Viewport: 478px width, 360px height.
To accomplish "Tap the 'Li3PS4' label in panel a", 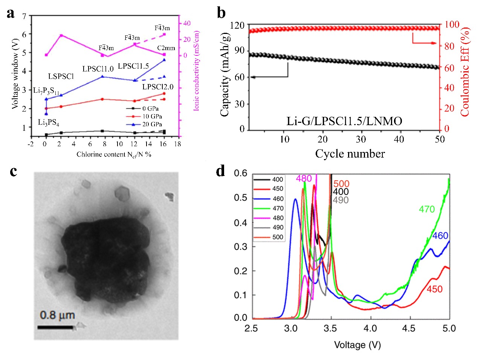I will pyautogui.click(x=48, y=123).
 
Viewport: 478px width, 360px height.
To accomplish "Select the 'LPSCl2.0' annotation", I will pyautogui.click(x=158, y=87).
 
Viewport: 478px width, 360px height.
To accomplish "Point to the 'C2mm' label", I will pyautogui.click(x=166, y=48).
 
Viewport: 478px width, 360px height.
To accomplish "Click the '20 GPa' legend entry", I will pyautogui.click(x=152, y=124).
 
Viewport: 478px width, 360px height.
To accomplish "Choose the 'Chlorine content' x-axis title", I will pyautogui.click(x=114, y=155).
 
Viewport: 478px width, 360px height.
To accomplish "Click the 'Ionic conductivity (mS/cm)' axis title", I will pyautogui.click(x=196, y=71).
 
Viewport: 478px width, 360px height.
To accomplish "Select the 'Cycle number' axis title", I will pyautogui.click(x=350, y=154).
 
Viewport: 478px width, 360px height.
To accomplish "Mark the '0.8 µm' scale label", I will pyautogui.click(x=57, y=315).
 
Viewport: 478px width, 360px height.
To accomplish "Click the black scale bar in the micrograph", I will pyautogui.click(x=55, y=327).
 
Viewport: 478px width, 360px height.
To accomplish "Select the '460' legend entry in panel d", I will pyautogui.click(x=278, y=199).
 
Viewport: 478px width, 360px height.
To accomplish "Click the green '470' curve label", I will pyautogui.click(x=427, y=209).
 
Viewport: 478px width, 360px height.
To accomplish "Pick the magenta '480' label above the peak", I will pyautogui.click(x=304, y=178).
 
